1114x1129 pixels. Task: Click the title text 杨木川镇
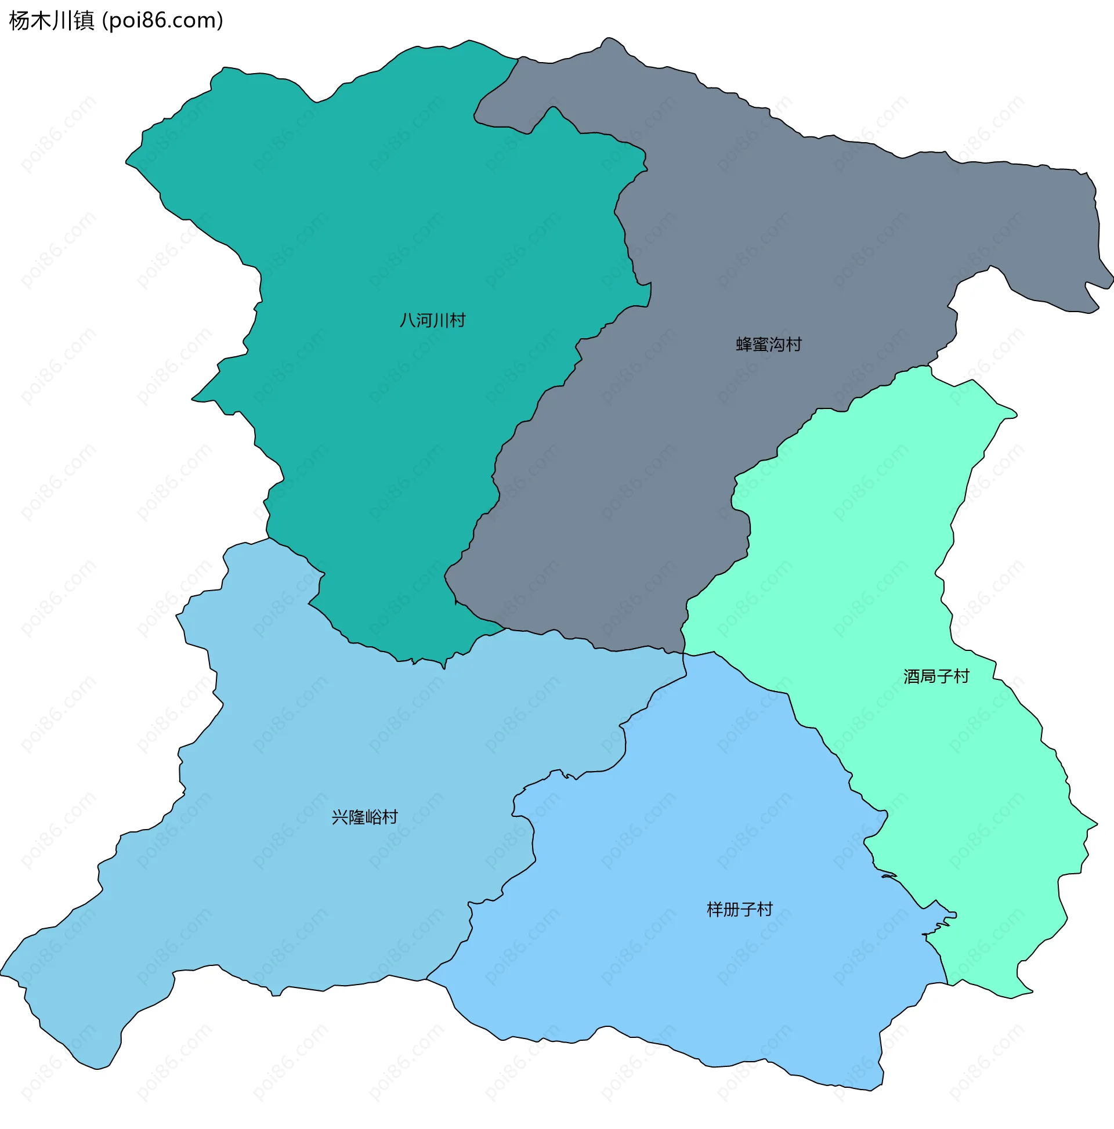52,21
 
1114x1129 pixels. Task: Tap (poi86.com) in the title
162,21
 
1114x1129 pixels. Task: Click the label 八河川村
432,320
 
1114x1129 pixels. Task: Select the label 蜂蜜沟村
769,344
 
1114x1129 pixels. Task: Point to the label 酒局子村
936,676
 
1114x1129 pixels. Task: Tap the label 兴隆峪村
365,817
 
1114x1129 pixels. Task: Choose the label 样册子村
739,909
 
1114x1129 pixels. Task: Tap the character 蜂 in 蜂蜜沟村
744,344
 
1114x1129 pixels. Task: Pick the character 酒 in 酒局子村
912,676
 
